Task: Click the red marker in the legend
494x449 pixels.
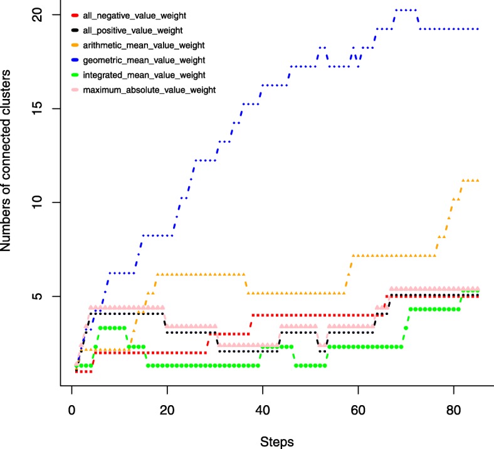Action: coord(76,16)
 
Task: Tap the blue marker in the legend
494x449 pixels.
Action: coord(76,61)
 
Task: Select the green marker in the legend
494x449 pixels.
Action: coord(76,75)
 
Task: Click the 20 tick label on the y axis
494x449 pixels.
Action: coord(37,14)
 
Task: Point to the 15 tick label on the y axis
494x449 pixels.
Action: coord(37,108)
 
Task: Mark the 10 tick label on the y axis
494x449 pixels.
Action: coord(37,202)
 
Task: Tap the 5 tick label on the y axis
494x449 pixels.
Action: coord(37,296)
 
